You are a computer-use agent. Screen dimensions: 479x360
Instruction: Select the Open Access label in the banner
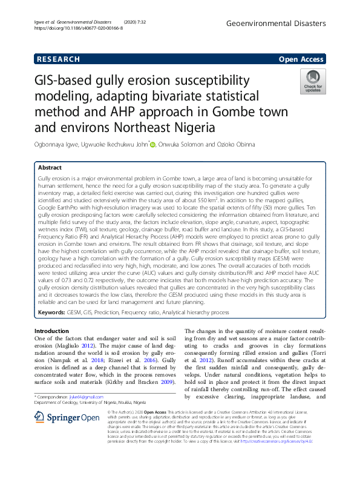click(x=303, y=59)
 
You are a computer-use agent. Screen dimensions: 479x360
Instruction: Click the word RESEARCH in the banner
click(x=59, y=59)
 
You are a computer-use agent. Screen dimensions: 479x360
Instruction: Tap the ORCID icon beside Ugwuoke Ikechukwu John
click(x=152, y=144)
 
